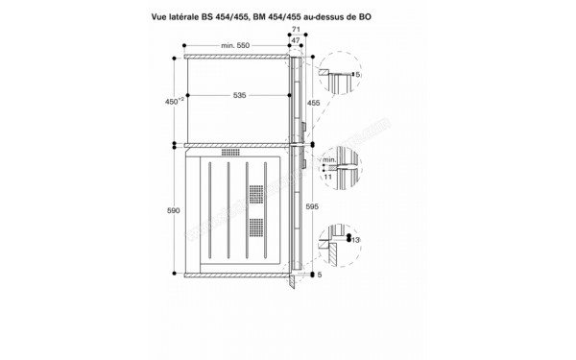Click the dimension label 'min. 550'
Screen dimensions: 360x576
click(234, 46)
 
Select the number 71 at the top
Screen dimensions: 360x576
click(297, 31)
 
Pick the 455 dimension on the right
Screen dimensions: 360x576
click(312, 101)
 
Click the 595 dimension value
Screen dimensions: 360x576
click(312, 205)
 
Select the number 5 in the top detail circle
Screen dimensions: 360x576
click(357, 74)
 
